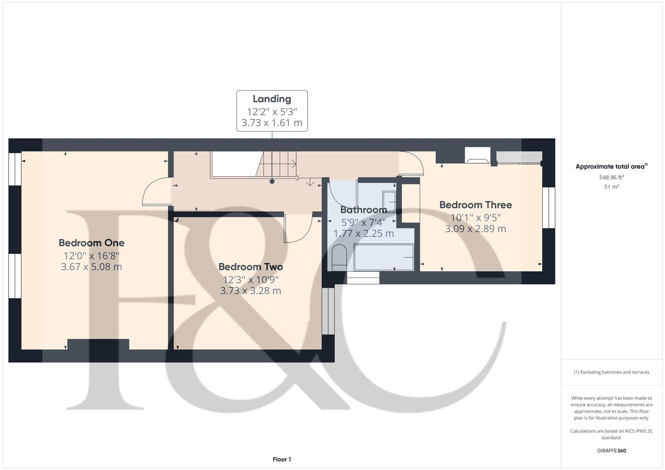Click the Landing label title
[x=272, y=99]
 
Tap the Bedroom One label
[x=91, y=243]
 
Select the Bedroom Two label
[x=250, y=267]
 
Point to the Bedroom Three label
[x=476, y=205]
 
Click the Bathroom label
[x=364, y=210]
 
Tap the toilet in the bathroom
[x=338, y=257]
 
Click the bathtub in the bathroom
[x=384, y=257]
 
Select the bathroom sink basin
[x=389, y=201]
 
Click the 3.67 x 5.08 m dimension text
[x=91, y=267]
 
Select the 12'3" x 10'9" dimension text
[x=250, y=279]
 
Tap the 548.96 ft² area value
[x=611, y=177]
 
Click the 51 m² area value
[x=611, y=187]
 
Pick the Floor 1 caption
[x=282, y=459]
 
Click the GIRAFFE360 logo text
[x=611, y=450]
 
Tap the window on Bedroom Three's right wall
[x=549, y=208]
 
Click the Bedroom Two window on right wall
[x=328, y=311]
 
